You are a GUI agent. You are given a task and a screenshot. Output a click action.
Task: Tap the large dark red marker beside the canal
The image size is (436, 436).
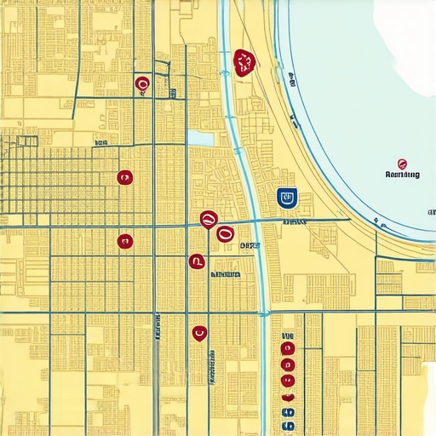(244, 62)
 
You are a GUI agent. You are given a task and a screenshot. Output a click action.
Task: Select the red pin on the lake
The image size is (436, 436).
(402, 163)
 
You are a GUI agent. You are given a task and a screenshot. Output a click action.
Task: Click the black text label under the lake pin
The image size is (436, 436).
(403, 175)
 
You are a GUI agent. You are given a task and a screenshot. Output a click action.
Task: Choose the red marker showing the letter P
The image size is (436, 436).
(197, 261)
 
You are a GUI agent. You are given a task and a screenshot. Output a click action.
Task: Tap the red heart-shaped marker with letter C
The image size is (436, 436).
(199, 333)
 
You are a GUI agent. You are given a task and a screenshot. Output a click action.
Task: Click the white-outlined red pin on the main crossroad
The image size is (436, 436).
(208, 220)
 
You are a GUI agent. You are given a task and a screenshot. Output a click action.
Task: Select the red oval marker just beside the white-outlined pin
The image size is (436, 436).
(225, 232)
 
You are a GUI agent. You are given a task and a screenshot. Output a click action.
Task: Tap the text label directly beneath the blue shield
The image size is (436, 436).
(293, 221)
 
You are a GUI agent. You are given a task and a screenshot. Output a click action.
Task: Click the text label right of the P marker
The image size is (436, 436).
(225, 275)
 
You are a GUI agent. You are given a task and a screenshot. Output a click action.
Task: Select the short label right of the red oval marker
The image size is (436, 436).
(248, 244)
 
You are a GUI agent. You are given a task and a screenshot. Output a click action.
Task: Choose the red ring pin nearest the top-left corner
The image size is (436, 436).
(142, 83)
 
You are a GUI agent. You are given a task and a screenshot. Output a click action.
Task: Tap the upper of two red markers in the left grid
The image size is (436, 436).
(124, 177)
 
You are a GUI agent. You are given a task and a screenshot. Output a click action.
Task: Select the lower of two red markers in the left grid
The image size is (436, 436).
(124, 241)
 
